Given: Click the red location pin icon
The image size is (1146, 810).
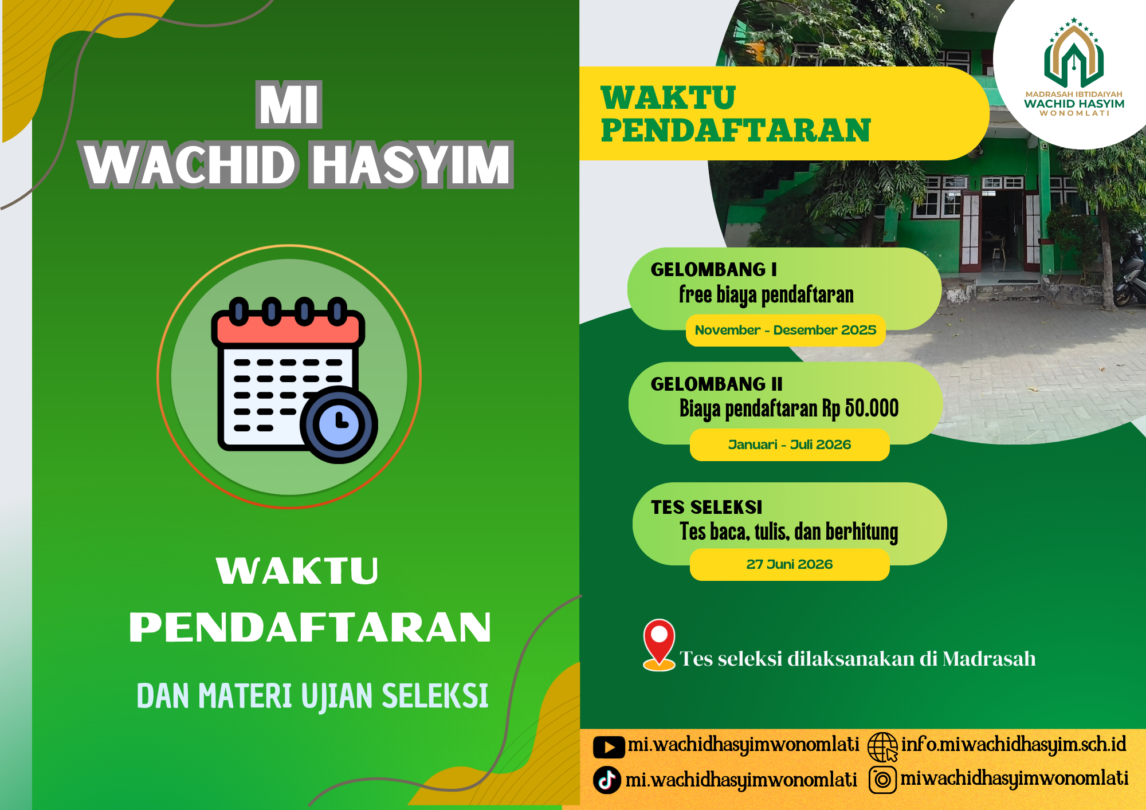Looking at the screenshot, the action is pos(659,644).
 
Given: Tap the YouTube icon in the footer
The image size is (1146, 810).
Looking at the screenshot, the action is pos(609,747).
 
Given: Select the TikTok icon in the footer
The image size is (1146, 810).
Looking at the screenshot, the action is pos(607,780).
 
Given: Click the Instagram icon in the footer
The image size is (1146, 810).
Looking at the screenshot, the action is pos(882,780).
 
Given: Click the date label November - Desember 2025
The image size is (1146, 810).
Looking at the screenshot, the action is pos(786,330).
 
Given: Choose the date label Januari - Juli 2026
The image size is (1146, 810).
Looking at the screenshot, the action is pos(790,445).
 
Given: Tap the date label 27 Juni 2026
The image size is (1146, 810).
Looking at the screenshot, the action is pos(790,564).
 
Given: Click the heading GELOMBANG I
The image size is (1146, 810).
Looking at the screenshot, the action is pos(714,269).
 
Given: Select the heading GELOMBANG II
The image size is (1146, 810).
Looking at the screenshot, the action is pos(717,384).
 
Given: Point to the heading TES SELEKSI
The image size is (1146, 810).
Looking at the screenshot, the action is pos(707,507).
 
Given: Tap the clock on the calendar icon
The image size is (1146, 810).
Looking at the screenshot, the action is pos(339,424).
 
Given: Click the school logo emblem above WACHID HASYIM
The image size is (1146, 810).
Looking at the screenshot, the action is pos(1074,53).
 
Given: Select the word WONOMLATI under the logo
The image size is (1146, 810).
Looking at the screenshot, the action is pos(1074,113).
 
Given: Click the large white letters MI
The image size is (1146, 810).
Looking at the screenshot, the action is pos(289,104).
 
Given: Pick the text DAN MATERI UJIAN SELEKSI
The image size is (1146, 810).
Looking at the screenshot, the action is pos(312,696).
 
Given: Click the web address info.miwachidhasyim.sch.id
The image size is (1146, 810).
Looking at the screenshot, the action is pos(1014,745).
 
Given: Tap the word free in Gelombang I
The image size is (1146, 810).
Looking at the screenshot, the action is pos(695,294).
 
